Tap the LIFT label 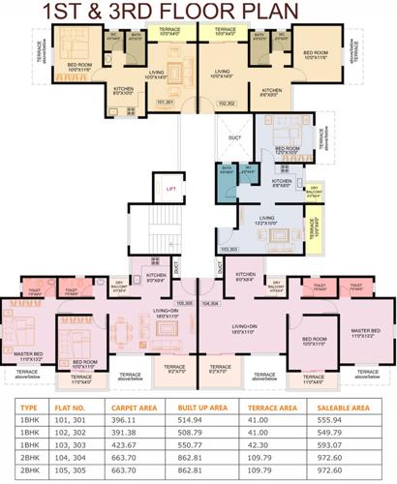point(170,189)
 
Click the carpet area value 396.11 point(131,423)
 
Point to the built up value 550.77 point(200,448)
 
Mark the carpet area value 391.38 point(131,436)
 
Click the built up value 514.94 point(200,423)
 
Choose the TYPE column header point(29,408)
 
